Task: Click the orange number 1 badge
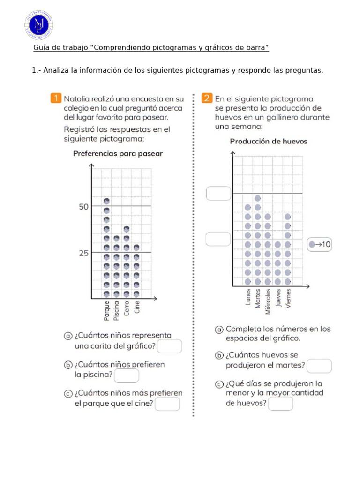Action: pos(56,98)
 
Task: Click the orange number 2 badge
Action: pos(207,98)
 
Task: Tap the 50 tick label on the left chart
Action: pos(83,206)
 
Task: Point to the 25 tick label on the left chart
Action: pos(83,253)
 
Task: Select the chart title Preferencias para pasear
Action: pos(118,154)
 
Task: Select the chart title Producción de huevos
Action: pos(269,141)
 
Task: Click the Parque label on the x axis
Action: pos(107,311)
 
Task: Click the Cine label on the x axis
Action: pos(137,307)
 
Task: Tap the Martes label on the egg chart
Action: pos(258,298)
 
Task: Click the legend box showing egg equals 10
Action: pos(319,244)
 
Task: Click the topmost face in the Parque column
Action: pos(107,201)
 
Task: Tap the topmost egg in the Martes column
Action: pos(258,198)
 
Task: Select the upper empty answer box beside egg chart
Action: pos(218,193)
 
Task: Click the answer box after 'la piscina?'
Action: pos(127,375)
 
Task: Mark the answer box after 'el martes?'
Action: pos(319,366)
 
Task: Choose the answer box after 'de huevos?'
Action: pos(281,404)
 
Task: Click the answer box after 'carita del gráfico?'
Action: pos(169,346)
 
